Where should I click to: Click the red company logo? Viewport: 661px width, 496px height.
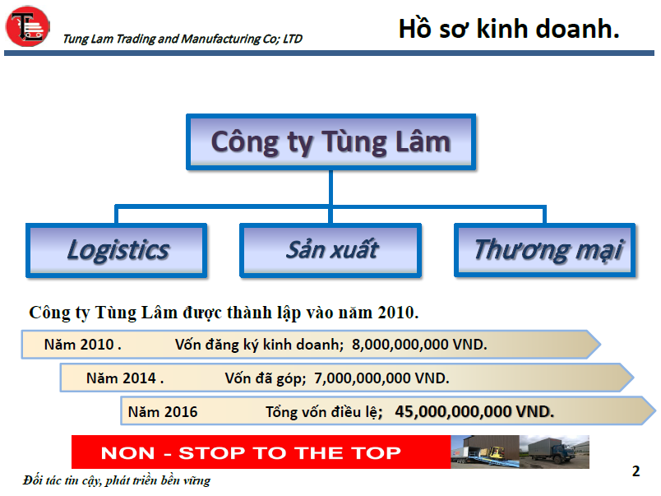click(x=27, y=25)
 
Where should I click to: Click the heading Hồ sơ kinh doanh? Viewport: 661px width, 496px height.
click(x=509, y=29)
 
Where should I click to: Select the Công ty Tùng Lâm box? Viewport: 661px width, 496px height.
click(x=331, y=141)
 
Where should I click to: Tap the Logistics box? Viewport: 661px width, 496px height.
click(x=117, y=250)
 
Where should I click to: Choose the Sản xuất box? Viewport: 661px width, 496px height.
click(x=331, y=250)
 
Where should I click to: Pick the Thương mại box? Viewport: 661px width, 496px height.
click(x=544, y=250)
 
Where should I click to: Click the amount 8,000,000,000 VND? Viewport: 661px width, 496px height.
click(x=419, y=345)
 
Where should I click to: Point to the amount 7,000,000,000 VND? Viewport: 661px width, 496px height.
click(x=381, y=378)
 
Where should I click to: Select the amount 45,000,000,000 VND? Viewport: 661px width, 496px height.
click(x=474, y=411)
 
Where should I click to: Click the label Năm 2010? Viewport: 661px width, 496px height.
click(x=82, y=345)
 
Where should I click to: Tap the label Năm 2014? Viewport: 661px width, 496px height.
click(x=125, y=378)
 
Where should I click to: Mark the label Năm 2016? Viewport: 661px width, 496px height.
click(x=163, y=412)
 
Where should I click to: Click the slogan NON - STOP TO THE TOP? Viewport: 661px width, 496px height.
click(x=251, y=453)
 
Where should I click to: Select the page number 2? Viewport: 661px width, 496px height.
click(x=636, y=471)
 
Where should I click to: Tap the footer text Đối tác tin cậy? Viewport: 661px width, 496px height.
click(x=62, y=481)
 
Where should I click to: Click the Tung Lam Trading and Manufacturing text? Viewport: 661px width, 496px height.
click(x=183, y=39)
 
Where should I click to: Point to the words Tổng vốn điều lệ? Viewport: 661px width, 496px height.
click(x=324, y=412)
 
